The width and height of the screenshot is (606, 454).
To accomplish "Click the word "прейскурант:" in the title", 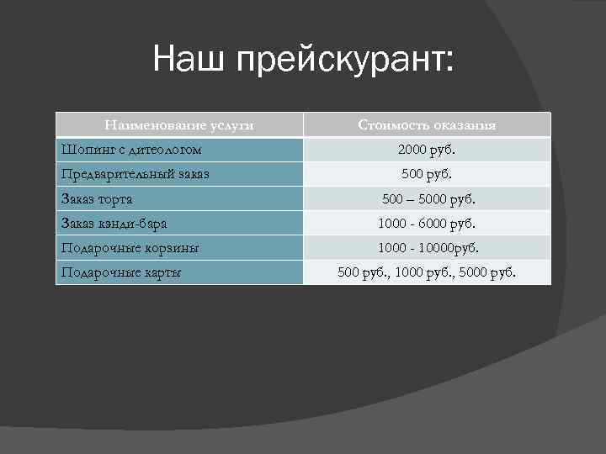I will point(345,63).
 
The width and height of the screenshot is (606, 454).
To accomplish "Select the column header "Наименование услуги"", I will point(178,125).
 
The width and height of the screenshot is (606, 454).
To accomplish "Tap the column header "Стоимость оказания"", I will point(427,125).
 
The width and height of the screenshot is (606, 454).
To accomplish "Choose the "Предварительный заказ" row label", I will point(136,174).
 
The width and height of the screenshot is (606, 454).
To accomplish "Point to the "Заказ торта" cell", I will point(98,199).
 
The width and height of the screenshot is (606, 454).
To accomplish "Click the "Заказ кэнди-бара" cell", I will point(114,224).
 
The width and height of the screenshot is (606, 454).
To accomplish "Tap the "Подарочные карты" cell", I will point(121,272).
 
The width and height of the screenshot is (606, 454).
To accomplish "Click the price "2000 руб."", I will point(427,150).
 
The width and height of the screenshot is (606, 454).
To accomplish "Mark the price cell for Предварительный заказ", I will point(427,175).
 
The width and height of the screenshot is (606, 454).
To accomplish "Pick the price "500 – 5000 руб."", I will point(427,200).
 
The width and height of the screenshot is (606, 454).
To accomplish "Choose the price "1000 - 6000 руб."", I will point(427,224).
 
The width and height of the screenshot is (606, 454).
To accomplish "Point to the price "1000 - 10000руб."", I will point(427,249).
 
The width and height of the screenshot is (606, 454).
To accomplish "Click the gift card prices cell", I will point(427,273).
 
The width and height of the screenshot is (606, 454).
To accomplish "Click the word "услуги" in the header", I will point(231,125).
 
